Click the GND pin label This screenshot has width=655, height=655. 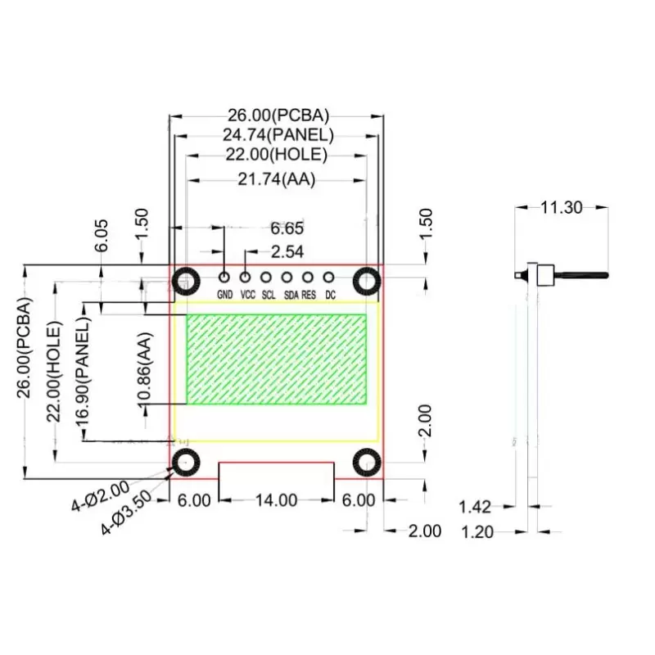click(224, 295)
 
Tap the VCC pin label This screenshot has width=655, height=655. click(248, 295)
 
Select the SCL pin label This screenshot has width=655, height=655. click(269, 295)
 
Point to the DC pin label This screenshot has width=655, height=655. click(330, 295)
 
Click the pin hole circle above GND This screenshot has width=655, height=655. click(224, 278)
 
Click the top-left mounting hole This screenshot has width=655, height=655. click(186, 282)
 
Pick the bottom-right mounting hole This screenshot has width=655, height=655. click(367, 463)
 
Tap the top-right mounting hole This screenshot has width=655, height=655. click(367, 282)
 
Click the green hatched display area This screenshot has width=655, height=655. click(277, 360)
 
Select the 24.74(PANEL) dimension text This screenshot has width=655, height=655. click(278, 135)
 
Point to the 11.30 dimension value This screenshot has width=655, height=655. click(561, 208)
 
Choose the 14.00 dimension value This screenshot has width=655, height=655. click(276, 500)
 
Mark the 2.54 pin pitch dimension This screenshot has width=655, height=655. click(287, 251)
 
